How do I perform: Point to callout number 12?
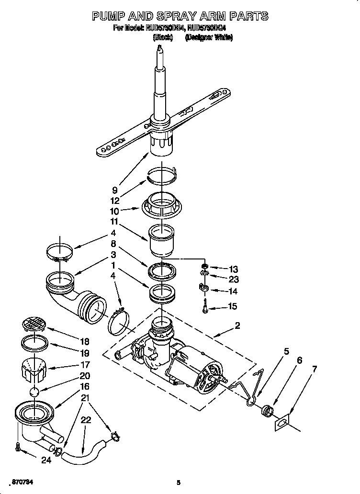click(x=115, y=201)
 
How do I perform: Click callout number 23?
click(x=233, y=280)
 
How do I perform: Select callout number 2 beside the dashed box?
click(x=238, y=326)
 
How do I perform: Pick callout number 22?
click(x=86, y=420)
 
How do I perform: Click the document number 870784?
click(x=23, y=481)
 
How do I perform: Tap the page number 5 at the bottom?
click(x=178, y=482)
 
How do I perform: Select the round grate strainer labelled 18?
click(x=34, y=324)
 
